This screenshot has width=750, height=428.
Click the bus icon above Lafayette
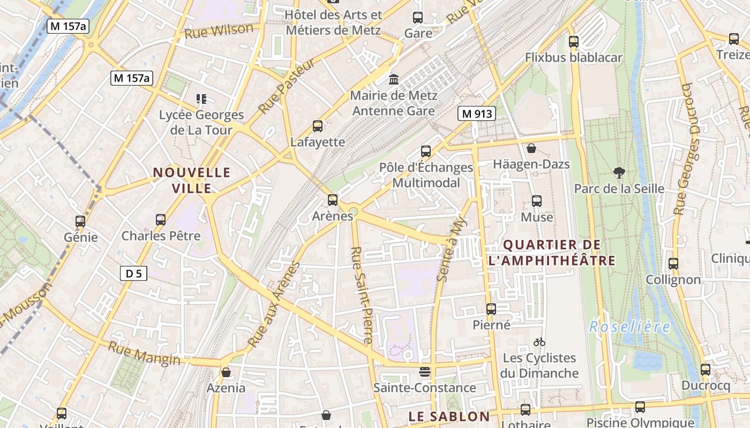[318, 126]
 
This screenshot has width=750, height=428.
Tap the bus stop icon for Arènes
[333, 200]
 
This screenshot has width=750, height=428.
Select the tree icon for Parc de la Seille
[619, 173]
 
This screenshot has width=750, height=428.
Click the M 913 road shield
[476, 113]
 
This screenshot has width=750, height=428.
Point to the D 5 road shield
[133, 274]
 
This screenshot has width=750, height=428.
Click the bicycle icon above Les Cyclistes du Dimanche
[539, 342]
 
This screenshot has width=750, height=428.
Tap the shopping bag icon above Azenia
[226, 372]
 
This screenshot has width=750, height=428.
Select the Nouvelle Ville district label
[192, 180]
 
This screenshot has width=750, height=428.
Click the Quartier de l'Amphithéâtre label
[552, 253]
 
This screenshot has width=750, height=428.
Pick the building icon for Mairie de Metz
[394, 80]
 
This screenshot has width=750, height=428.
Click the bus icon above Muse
[537, 201]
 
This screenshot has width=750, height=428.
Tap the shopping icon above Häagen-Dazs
[531, 148]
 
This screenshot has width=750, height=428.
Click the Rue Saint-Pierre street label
[361, 295]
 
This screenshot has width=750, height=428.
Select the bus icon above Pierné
[491, 309]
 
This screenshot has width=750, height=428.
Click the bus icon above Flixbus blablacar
[574, 41]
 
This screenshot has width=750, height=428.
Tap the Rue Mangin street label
[144, 354]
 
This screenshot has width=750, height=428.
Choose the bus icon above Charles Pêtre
[160, 219]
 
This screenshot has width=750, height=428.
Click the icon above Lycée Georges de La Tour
[201, 98]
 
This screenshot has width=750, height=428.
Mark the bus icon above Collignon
[673, 263]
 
